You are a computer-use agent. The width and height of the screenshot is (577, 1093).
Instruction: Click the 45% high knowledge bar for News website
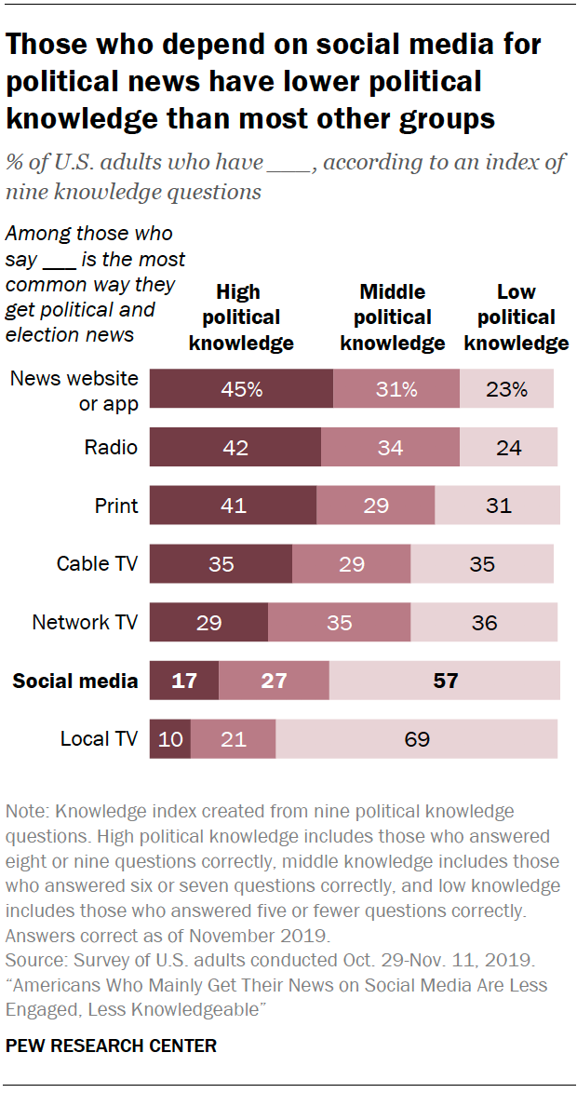click(241, 389)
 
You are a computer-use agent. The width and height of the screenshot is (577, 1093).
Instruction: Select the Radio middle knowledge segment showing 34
click(390, 448)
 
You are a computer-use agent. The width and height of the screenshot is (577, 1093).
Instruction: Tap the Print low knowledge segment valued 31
click(497, 506)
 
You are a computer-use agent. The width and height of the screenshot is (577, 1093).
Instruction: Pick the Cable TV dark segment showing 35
click(221, 564)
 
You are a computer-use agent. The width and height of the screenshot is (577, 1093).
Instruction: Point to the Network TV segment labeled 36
click(484, 623)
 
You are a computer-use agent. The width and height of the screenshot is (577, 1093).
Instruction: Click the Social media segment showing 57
click(445, 681)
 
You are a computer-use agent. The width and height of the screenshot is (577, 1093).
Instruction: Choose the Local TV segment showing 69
click(417, 739)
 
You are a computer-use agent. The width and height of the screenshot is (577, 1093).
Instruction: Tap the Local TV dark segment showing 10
click(170, 739)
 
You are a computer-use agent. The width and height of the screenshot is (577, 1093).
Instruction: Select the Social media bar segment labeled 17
click(184, 681)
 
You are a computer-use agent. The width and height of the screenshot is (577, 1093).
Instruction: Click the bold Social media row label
click(74, 681)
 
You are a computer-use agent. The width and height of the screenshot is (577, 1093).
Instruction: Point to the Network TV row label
click(85, 623)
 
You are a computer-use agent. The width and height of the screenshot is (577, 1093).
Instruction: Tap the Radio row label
click(111, 448)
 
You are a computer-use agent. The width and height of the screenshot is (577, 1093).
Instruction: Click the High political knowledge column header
click(241, 317)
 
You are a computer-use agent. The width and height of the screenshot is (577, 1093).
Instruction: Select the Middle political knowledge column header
click(393, 317)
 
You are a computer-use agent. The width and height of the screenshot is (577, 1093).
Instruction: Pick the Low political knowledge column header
click(517, 317)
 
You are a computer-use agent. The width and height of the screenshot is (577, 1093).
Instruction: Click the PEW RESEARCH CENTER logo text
click(111, 1046)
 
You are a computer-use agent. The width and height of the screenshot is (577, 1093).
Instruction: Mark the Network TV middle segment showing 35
click(339, 623)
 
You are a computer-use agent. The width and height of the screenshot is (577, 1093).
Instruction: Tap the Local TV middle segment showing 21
click(233, 739)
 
